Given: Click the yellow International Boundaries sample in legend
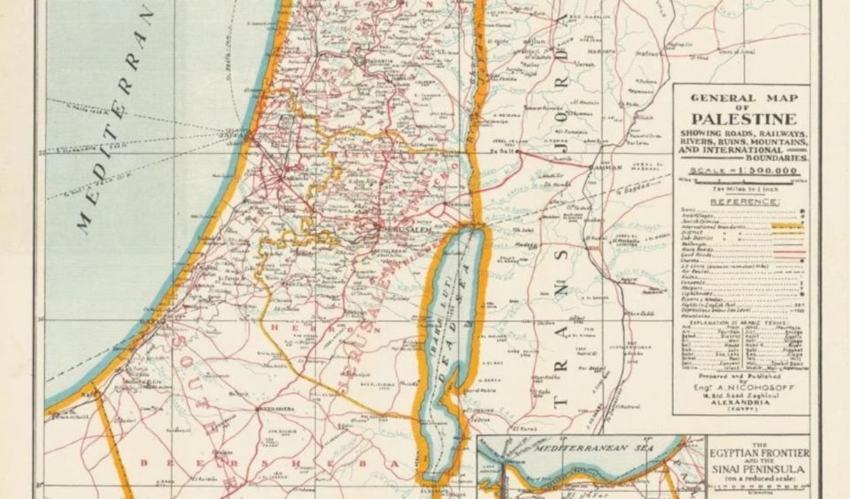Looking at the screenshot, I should tap(783, 226).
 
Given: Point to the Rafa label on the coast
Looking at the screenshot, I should tap(88, 388).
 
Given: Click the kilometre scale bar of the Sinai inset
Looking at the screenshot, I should tap(743, 487).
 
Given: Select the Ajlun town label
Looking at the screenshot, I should tap(537, 42).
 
